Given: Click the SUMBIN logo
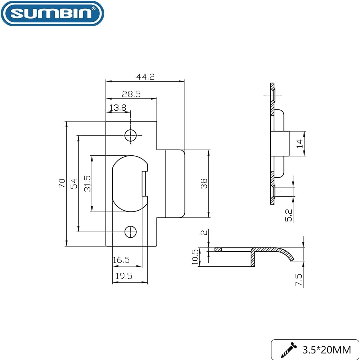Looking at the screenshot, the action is (x=52, y=13).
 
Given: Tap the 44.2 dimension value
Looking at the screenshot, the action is (x=145, y=77).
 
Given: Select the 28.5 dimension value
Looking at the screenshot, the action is (x=131, y=94).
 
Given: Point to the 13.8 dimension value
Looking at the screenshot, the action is (x=118, y=108).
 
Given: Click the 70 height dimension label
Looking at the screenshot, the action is (x=62, y=183).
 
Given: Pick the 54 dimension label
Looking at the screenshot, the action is (x=74, y=183).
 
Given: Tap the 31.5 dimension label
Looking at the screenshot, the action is (x=87, y=183).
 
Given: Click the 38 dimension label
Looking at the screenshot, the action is (x=204, y=183).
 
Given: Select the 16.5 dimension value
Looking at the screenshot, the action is (x=121, y=260).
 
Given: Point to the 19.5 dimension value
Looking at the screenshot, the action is (x=124, y=276).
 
